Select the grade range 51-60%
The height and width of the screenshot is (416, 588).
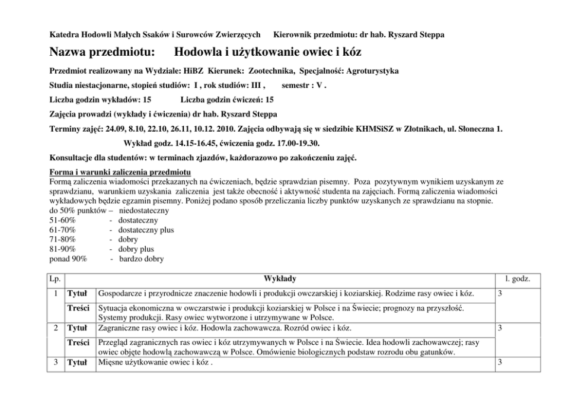click(x=63, y=221)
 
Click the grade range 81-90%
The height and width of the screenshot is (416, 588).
click(x=63, y=249)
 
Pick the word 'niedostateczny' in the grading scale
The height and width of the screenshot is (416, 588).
click(x=144, y=211)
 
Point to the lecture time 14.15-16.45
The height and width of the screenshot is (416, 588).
click(x=190, y=143)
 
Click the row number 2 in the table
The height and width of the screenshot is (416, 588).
click(x=55, y=327)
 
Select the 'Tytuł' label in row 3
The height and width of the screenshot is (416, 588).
click(x=78, y=361)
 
